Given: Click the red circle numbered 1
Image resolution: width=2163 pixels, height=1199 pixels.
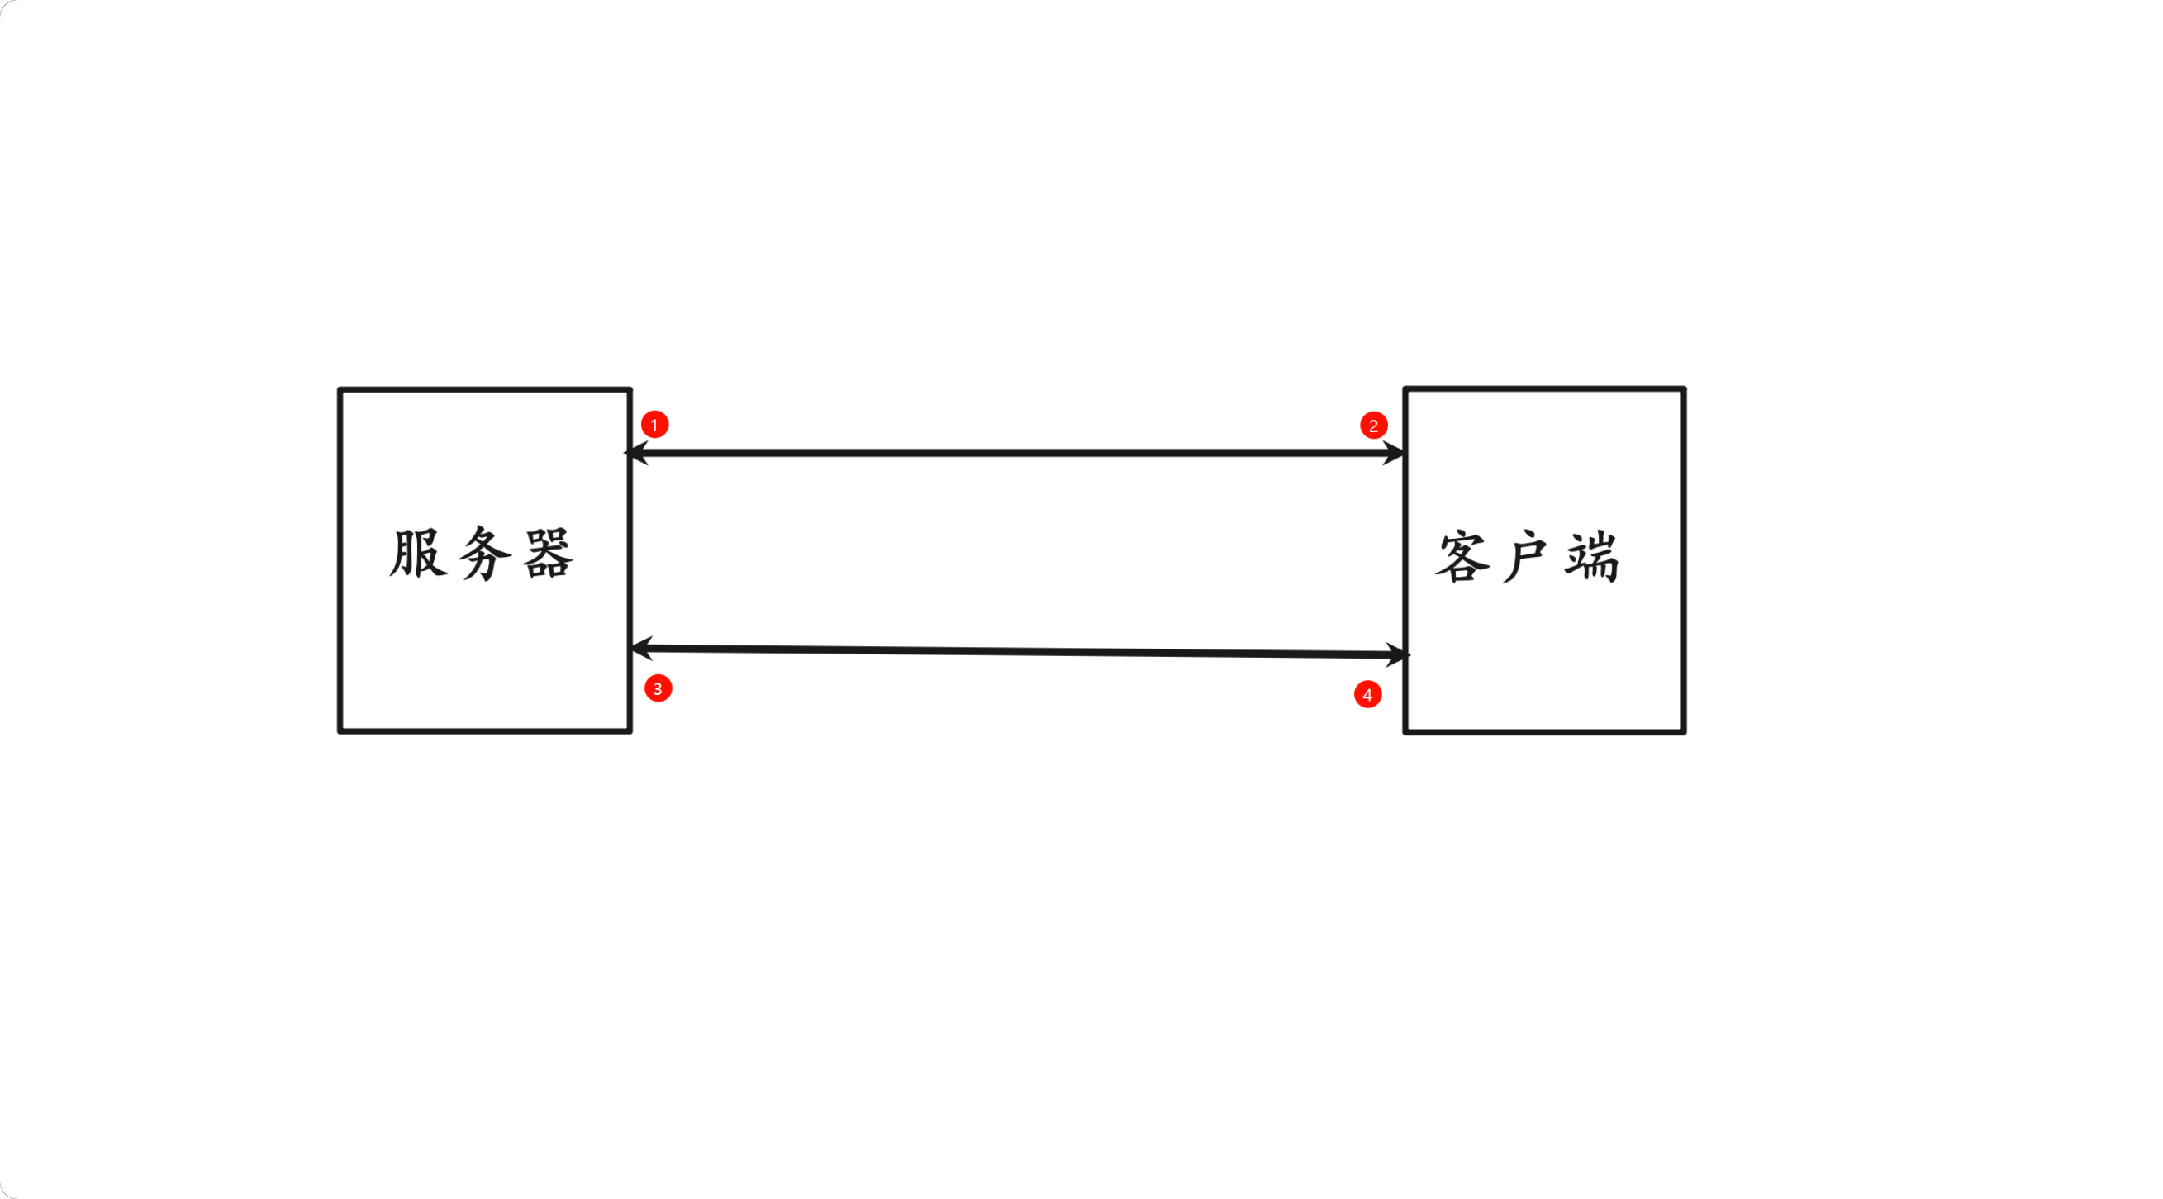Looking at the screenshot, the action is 655,424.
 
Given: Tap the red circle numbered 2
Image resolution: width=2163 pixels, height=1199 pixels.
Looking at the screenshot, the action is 1374,425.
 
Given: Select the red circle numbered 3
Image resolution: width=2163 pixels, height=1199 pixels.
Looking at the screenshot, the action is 658,688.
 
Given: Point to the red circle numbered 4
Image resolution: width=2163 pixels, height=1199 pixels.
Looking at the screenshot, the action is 1368,694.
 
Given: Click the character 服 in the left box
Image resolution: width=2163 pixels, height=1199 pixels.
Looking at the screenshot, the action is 418,554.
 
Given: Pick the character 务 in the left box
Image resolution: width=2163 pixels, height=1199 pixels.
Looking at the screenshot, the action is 484,554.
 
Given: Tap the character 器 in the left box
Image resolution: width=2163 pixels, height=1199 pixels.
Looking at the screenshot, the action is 549,554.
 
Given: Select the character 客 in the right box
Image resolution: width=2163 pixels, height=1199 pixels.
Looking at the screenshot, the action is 1462,557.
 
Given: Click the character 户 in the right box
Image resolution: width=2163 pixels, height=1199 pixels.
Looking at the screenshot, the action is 1526,557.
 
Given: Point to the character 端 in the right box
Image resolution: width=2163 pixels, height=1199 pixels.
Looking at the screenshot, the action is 1592,557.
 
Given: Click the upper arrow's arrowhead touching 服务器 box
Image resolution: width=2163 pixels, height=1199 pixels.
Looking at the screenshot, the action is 635,453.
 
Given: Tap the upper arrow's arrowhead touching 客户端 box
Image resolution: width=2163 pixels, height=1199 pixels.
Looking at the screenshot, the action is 1395,454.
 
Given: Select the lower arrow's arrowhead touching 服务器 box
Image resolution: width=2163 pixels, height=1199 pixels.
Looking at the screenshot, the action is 639,647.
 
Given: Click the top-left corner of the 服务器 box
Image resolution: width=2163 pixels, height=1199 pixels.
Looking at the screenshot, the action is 341,390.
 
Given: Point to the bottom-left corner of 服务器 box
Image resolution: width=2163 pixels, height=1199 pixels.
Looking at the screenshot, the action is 341,730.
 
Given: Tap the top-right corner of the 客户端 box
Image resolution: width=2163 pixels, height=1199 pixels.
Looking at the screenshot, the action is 1684,389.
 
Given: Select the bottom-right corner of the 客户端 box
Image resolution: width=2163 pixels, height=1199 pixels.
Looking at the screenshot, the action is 1684,731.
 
